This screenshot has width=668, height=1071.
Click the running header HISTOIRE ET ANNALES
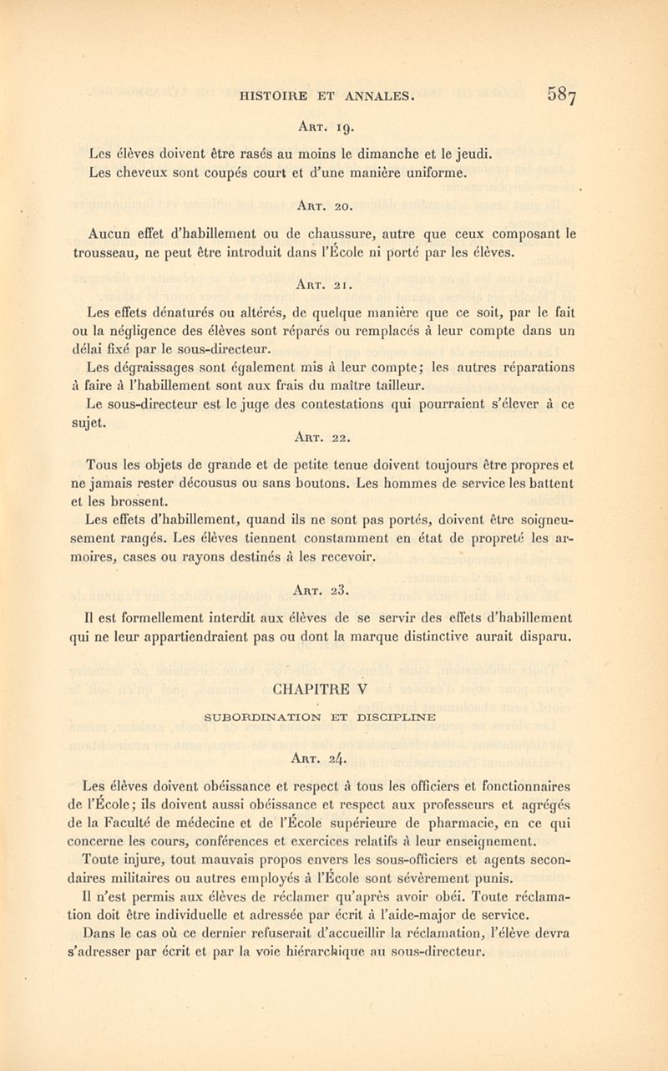(x=328, y=96)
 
